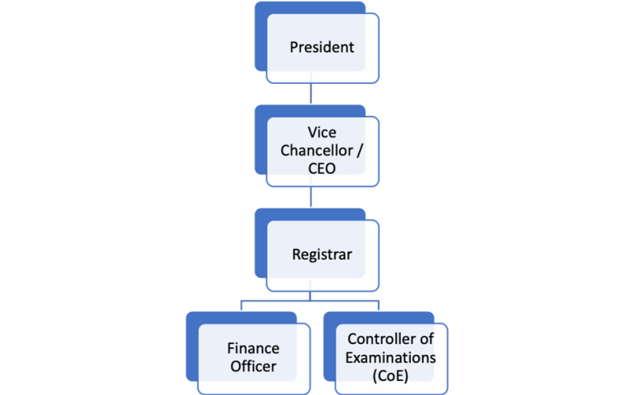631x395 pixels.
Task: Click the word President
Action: (321, 47)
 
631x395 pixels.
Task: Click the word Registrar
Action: (321, 255)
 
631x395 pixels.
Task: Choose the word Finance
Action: (253, 347)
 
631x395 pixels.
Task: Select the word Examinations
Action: (390, 357)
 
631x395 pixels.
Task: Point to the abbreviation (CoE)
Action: (390, 375)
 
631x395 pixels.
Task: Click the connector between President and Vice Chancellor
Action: (310, 92)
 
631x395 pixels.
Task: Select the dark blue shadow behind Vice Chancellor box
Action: (261, 140)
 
